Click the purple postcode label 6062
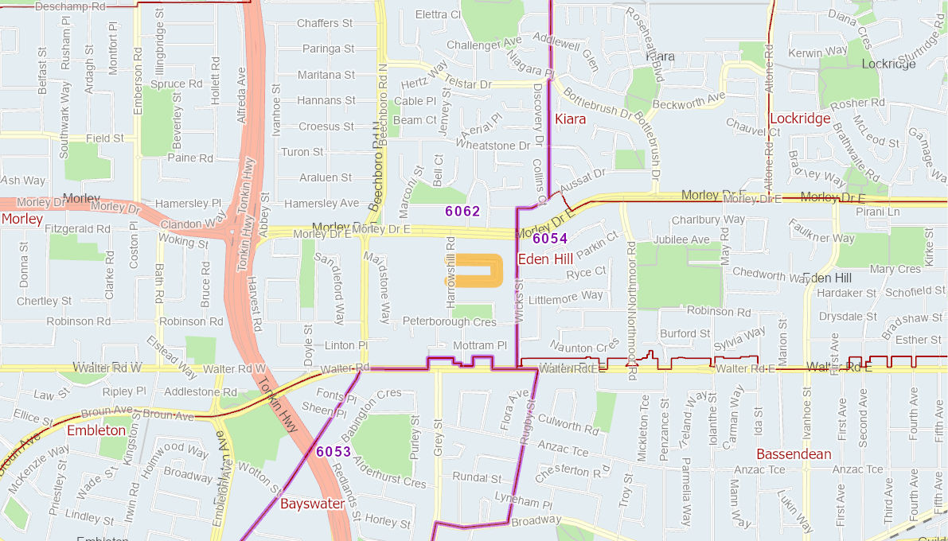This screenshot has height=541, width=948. pyautogui.click(x=462, y=212)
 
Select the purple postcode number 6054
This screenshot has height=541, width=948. pyautogui.click(x=550, y=239)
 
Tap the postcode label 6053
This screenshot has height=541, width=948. pyautogui.click(x=334, y=452)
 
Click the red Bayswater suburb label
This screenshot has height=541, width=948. pyautogui.click(x=312, y=504)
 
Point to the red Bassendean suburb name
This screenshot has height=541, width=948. pyautogui.click(x=794, y=454)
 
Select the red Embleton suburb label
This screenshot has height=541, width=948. pyautogui.click(x=96, y=430)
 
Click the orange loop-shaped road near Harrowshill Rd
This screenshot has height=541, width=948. pyautogui.click(x=474, y=270)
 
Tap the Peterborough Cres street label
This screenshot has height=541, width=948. pyautogui.click(x=449, y=322)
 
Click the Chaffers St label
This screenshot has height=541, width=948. pyautogui.click(x=325, y=24)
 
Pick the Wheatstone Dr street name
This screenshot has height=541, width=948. pyautogui.click(x=492, y=146)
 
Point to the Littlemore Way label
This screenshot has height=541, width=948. pyautogui.click(x=566, y=297)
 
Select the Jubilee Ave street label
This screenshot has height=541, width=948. pyautogui.click(x=681, y=239)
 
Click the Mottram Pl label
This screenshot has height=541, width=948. pyautogui.click(x=479, y=346)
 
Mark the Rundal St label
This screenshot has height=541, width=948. pyautogui.click(x=477, y=478)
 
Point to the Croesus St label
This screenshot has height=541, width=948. pyautogui.click(x=326, y=126)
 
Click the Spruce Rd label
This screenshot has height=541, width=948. pyautogui.click(x=176, y=84)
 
